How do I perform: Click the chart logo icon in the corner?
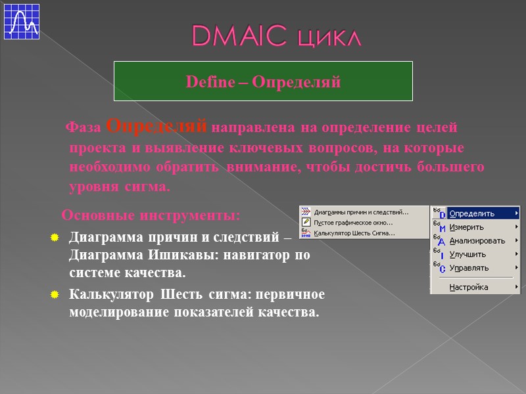pos(22,22)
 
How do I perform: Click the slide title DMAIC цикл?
pos(276,36)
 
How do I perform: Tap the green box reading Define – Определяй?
pos(264,81)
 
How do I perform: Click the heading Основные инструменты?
pos(151,215)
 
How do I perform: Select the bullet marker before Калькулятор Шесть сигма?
pos(55,295)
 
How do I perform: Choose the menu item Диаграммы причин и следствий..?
pos(361,212)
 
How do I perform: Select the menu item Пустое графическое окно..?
pos(353,222)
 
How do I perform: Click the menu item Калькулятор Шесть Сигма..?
pos(354,232)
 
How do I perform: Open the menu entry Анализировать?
pos(477,241)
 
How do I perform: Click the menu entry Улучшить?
pos(467,254)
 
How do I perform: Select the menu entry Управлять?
pos(469,268)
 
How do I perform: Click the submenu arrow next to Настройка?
pos(516,287)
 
